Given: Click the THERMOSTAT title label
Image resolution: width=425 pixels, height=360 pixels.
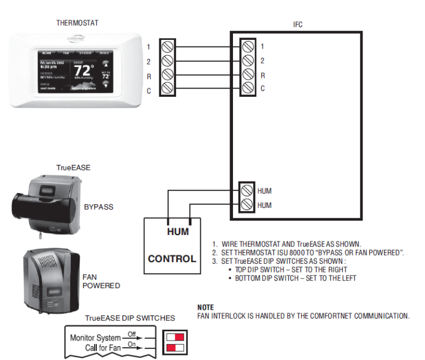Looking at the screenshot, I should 77,23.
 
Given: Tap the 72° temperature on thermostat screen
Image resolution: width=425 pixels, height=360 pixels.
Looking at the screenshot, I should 84,71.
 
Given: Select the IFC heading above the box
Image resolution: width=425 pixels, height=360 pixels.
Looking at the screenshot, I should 298,24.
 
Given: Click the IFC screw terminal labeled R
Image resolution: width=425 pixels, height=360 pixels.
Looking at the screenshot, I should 247,74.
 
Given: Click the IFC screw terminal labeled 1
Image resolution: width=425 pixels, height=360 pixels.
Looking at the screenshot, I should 247,46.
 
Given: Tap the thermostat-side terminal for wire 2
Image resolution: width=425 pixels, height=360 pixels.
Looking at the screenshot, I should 167,60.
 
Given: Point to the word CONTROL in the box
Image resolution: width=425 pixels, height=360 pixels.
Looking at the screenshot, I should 172,258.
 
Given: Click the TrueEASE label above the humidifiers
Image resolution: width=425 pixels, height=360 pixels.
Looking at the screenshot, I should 73,167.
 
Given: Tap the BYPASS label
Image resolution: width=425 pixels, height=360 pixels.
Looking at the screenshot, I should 99,207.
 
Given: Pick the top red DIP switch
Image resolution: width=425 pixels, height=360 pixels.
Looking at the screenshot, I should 175,336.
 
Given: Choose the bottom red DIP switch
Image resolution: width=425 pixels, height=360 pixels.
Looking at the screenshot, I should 175,347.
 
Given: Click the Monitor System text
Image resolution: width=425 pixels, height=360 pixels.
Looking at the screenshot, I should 95,337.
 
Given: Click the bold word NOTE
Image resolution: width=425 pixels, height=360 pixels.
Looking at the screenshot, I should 206,307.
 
